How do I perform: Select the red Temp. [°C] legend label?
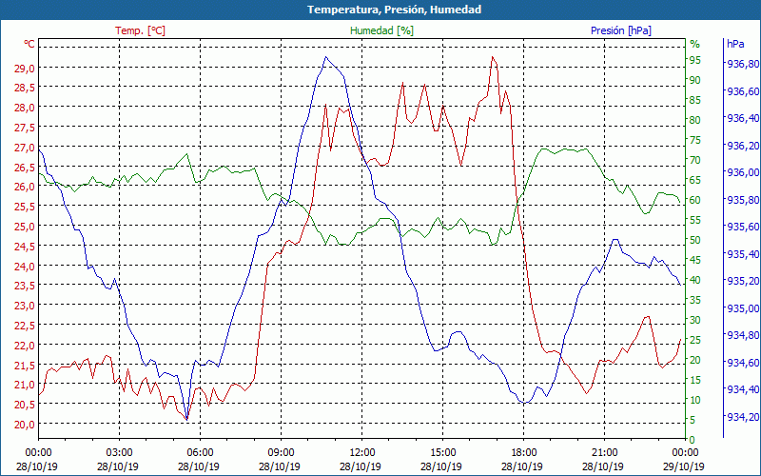click(x=140, y=30)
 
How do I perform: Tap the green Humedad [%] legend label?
click(x=381, y=30)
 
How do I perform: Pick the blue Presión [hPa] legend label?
click(x=621, y=30)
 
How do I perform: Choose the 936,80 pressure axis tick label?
click(x=742, y=64)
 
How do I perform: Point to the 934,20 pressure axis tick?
click(x=742, y=417)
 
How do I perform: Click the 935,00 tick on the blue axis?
click(x=742, y=308)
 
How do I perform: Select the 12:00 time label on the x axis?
click(x=361, y=452)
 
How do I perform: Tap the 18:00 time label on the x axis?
click(x=523, y=452)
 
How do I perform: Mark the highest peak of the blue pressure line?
click(x=325, y=57)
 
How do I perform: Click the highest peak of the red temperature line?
click(x=492, y=58)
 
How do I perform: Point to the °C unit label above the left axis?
click(x=29, y=44)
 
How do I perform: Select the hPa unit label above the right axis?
click(x=735, y=44)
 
